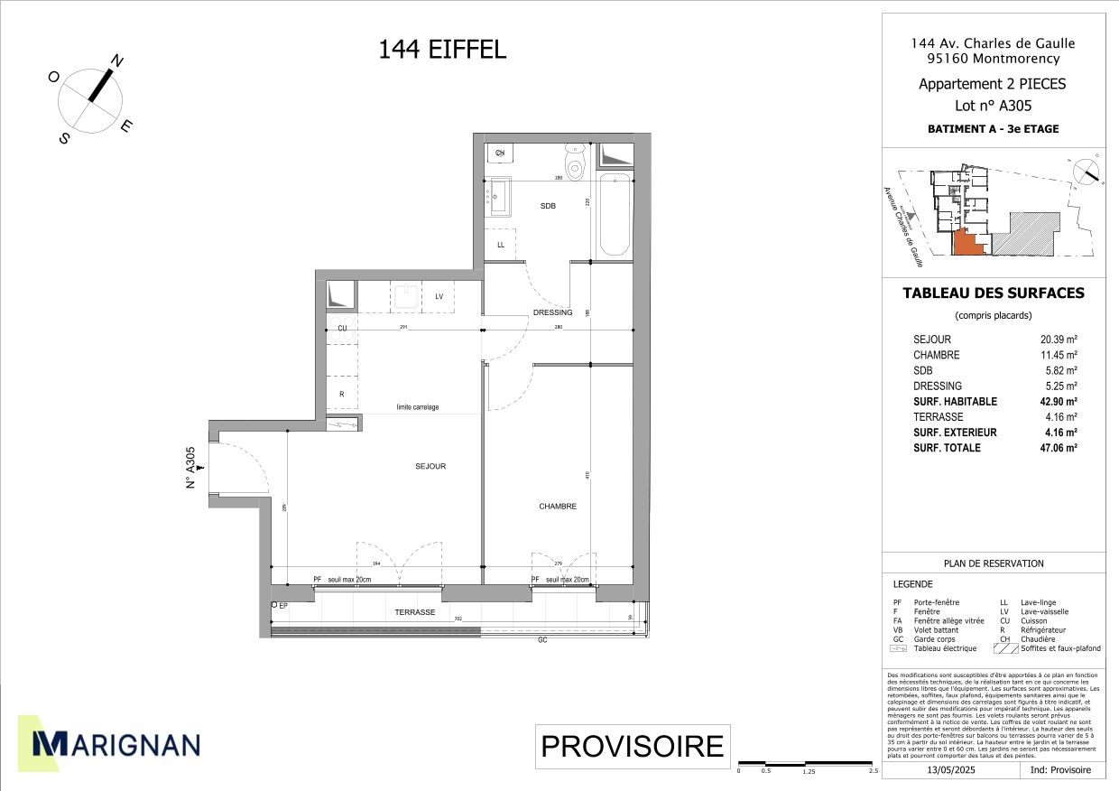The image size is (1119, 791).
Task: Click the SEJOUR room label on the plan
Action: click(430, 467)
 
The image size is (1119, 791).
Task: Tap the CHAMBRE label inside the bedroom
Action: click(558, 507)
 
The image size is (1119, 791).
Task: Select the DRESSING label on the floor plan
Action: click(552, 313)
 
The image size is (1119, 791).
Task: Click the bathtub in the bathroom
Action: click(615, 215)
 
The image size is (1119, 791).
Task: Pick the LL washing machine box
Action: click(501, 245)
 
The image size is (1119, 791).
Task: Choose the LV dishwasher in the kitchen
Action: click(439, 297)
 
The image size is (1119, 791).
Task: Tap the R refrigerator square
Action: click(342, 395)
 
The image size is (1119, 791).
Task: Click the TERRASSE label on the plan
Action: click(415, 612)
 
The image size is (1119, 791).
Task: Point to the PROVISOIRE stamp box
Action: click(632, 747)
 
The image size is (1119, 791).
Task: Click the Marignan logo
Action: click(116, 743)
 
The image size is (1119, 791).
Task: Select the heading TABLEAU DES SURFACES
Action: click(994, 293)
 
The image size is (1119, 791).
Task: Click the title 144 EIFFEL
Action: click(442, 51)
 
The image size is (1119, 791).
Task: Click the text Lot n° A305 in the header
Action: click(993, 105)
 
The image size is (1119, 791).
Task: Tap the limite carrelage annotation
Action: click(418, 407)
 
